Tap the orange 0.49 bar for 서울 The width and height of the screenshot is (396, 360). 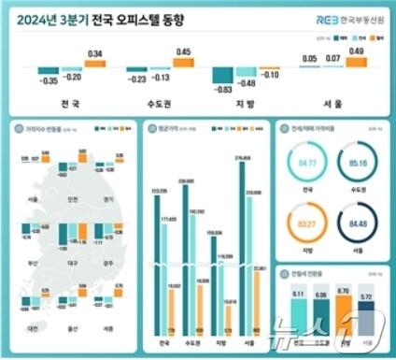357,61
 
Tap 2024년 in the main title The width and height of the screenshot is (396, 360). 48,19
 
